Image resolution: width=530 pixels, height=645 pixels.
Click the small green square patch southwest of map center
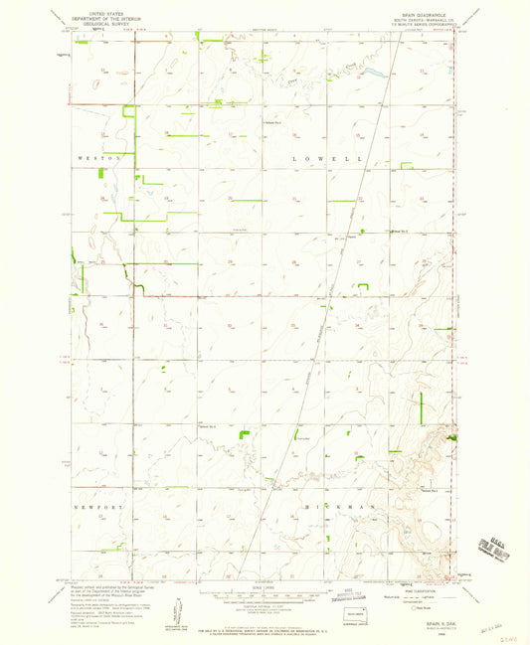pyautogui.click(x=245, y=434)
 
